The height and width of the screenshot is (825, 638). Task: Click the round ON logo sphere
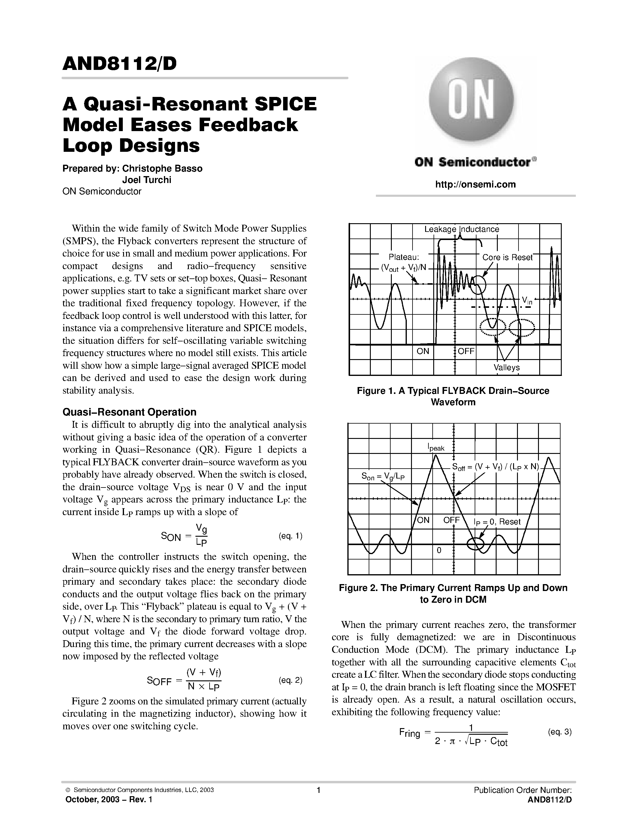click(471, 99)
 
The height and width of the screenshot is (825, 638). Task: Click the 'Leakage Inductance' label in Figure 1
click(461, 229)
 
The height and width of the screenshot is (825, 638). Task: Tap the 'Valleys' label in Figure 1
click(506, 367)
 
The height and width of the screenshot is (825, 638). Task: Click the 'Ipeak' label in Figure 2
click(436, 448)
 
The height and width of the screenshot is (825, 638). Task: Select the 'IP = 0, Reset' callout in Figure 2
click(497, 522)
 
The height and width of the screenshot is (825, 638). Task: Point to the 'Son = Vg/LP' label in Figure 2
click(383, 477)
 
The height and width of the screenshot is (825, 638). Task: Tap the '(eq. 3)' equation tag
click(560, 732)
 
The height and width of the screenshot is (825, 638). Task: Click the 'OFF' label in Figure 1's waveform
click(466, 351)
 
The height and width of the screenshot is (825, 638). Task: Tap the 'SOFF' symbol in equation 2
click(159, 681)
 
